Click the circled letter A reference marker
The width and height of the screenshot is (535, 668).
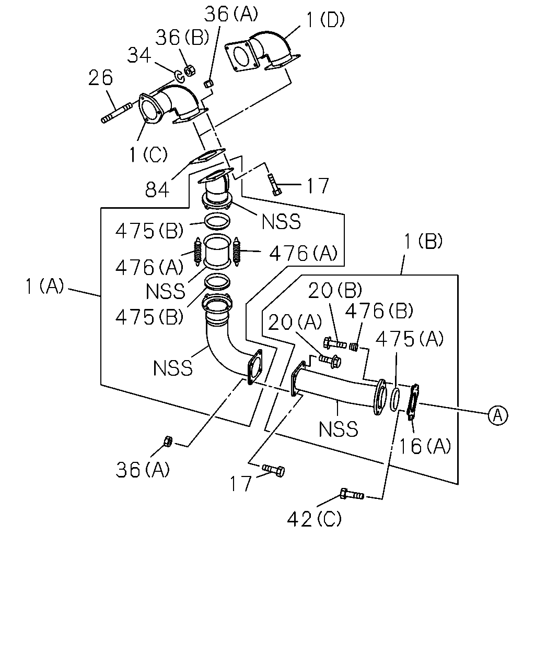coord(498,415)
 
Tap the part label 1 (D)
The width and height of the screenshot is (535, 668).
coord(325,20)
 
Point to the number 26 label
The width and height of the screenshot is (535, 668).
coord(100,78)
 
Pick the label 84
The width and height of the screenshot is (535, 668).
coord(157,189)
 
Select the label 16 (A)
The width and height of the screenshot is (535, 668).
coord(424,446)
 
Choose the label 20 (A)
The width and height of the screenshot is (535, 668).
coord(295,322)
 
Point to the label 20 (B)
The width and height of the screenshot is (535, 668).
coord(335,290)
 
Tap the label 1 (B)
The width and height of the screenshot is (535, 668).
coord(423,241)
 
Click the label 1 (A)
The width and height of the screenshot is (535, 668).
coord(44,285)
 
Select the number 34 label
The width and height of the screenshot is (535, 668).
coord(139,55)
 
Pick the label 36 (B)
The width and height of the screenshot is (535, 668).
coord(182,37)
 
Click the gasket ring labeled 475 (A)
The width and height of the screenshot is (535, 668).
coord(394,399)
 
